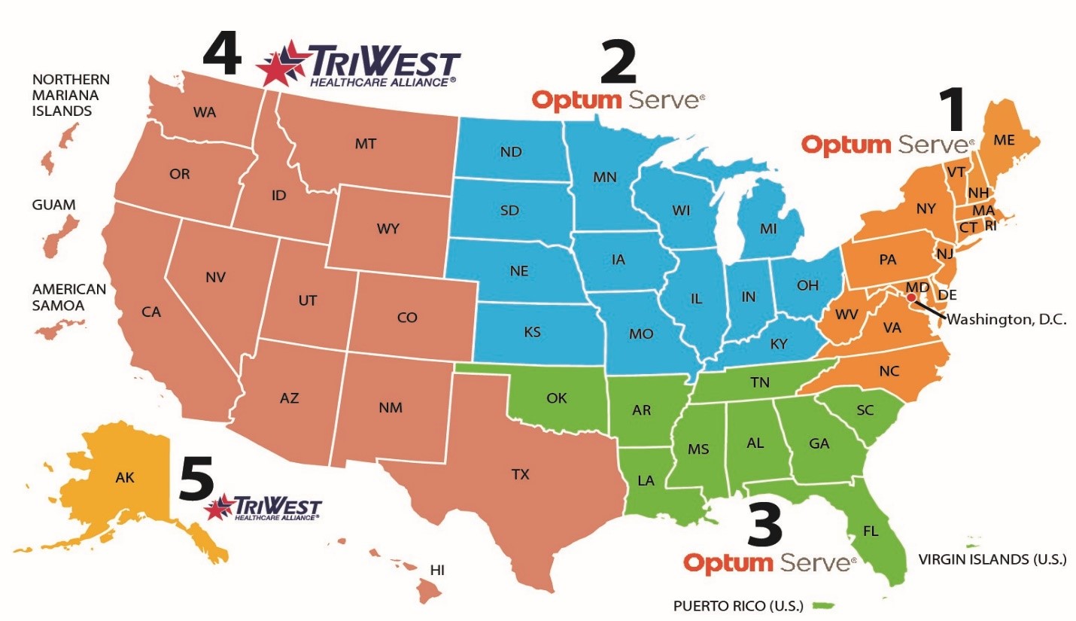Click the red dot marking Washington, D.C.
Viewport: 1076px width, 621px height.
coord(910,298)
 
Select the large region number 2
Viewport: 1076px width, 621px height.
coord(618,62)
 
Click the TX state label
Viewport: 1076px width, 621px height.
coord(521,474)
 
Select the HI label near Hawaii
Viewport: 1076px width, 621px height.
coord(437,570)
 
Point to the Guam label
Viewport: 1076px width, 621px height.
coord(53,205)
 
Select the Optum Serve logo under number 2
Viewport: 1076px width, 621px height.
coord(618,99)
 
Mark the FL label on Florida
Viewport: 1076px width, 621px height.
coord(871,531)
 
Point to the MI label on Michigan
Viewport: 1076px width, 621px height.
coord(767,229)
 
